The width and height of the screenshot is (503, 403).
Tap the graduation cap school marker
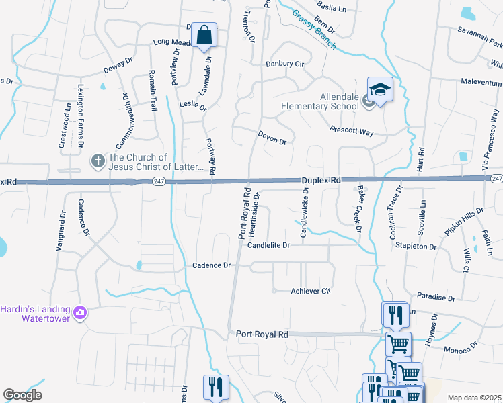(380, 89)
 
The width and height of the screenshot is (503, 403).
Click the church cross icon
(97, 161)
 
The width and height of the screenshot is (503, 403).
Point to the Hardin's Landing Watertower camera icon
(80, 312)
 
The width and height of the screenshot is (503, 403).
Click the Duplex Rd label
(321, 181)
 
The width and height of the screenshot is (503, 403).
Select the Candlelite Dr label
(268, 246)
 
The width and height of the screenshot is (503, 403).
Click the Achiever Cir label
(311, 291)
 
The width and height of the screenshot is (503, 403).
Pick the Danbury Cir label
(285, 64)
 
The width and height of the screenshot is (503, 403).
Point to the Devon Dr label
(272, 138)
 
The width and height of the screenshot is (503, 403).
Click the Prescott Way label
(351, 132)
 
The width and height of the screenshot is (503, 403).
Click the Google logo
(22, 395)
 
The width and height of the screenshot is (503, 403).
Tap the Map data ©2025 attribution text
(474, 398)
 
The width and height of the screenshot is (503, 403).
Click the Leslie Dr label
(193, 105)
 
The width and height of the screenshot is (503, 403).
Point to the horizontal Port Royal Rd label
(262, 334)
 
